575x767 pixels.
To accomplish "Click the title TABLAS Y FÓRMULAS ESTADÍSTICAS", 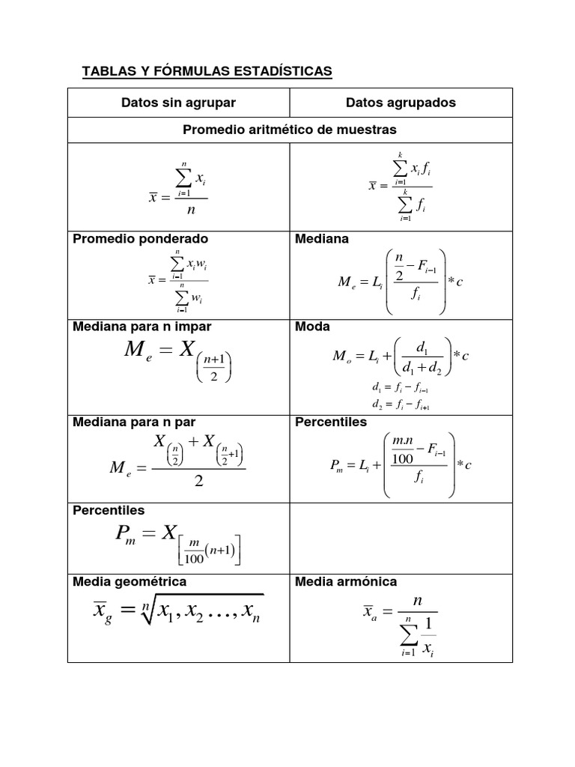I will click(206, 71).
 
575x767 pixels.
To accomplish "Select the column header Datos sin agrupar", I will click(178, 103).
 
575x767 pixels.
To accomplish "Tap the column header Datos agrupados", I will click(401, 103).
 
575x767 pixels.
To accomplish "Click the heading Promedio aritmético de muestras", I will click(290, 130).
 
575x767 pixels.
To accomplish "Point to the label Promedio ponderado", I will click(140, 239).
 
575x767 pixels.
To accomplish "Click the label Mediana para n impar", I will click(142, 327).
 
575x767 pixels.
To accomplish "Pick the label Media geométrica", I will click(130, 581).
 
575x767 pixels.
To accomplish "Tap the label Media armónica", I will click(346, 581).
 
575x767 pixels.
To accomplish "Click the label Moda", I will click(312, 327).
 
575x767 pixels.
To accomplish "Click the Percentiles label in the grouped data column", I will click(331, 422).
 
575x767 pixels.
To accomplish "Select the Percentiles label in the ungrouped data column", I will click(109, 510).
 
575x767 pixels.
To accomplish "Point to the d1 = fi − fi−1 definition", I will click(399, 389).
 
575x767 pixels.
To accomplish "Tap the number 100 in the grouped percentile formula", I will click(403, 458).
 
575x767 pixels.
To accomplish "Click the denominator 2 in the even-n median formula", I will click(198, 482).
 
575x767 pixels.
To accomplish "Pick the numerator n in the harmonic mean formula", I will click(418, 601).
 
